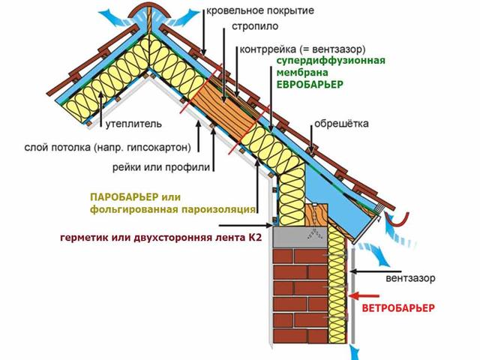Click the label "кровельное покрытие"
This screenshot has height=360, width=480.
pos(260,10)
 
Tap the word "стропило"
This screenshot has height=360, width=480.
pos(255,26)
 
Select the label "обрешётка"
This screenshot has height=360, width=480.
pos(341,124)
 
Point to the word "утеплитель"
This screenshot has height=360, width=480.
pos(133,124)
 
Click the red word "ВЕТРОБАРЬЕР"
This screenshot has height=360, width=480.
pos(398,308)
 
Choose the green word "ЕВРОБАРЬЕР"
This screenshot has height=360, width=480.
pos(310,85)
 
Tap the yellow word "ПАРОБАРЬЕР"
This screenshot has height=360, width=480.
pos(124,196)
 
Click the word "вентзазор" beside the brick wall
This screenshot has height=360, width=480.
pos(410,278)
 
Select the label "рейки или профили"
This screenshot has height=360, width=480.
pos(161,167)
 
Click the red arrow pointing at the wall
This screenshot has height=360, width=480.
pos(364,296)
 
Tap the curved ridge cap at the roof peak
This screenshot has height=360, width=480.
pos(148,10)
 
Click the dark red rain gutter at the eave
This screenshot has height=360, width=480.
pos(397,220)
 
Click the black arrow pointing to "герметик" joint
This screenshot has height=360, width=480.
pos(246,226)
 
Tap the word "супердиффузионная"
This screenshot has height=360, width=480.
pos(331,60)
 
